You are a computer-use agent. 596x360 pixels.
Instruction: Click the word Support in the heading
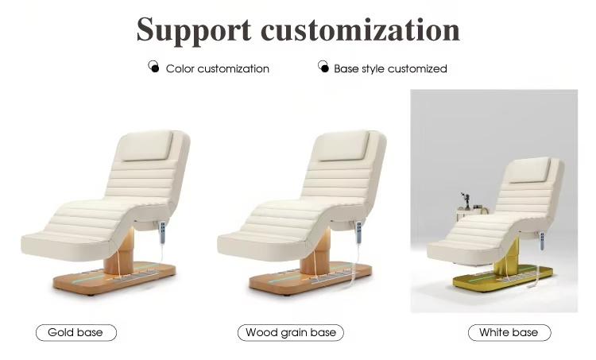tap(194, 31)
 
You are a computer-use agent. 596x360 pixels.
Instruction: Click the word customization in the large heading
tap(360, 29)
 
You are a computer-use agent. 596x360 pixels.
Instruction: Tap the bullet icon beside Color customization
tap(153, 67)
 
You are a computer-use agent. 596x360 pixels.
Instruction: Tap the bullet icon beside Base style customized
tap(323, 67)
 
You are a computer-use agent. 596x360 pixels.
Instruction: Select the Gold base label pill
tap(76, 333)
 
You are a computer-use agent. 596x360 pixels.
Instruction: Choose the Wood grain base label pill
tap(291, 333)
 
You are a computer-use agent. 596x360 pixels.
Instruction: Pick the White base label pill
tap(509, 333)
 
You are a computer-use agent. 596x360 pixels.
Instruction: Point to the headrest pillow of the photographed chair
tap(528, 170)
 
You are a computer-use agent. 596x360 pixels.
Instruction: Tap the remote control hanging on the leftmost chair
tap(163, 232)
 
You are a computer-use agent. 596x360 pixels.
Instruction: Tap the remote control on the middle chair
tap(359, 232)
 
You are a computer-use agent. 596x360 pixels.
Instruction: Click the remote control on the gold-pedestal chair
tap(542, 241)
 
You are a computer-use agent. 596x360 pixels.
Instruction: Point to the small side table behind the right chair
tap(471, 214)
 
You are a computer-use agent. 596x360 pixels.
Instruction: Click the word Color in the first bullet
tap(180, 69)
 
